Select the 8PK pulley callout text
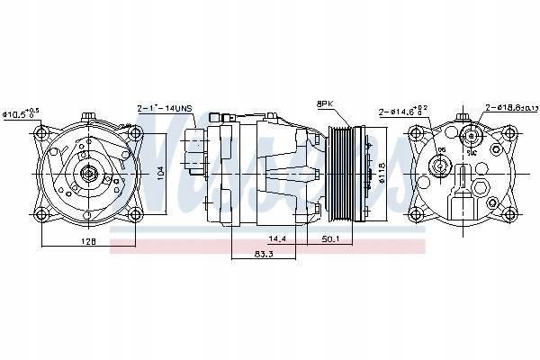click(x=325, y=104)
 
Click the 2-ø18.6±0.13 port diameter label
click(x=508, y=107)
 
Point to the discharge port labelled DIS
click(x=440, y=164)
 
